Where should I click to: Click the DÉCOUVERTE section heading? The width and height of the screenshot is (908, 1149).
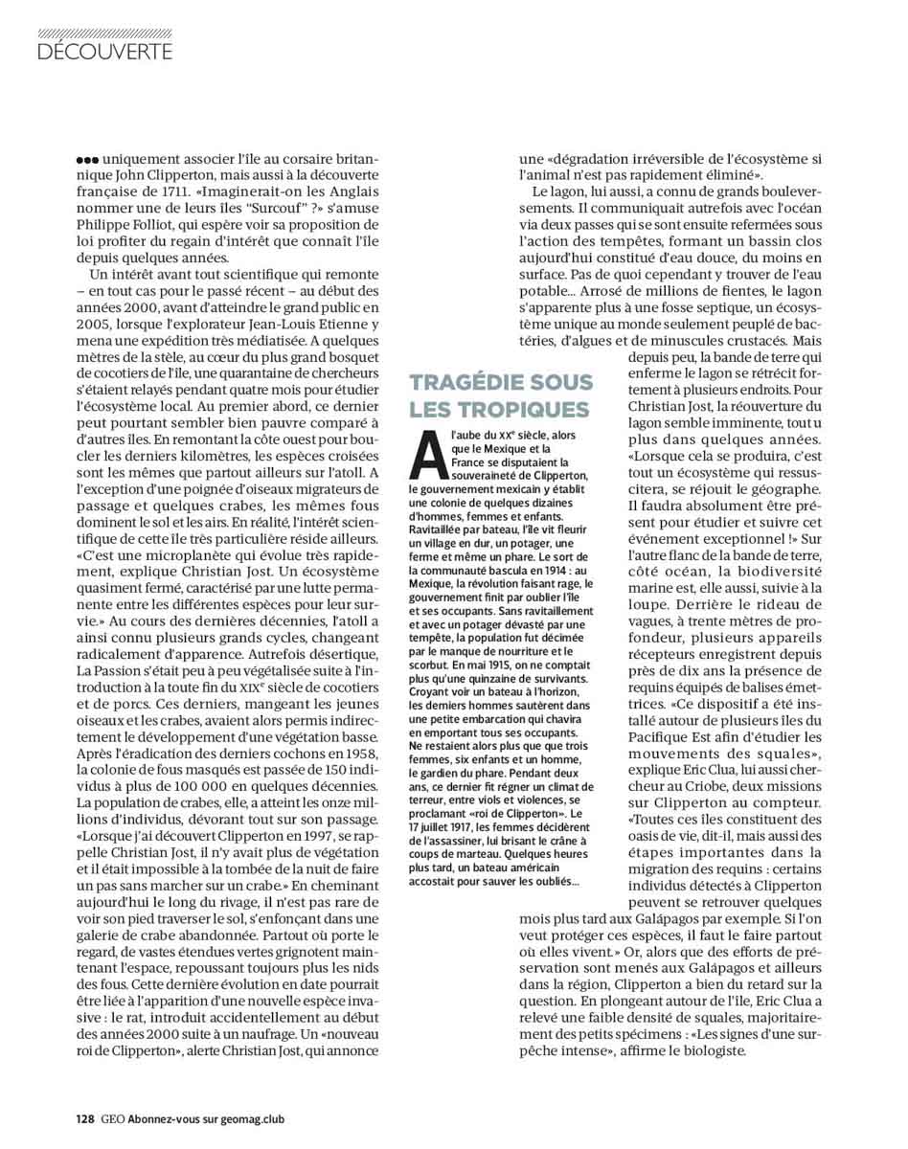tap(105, 51)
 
